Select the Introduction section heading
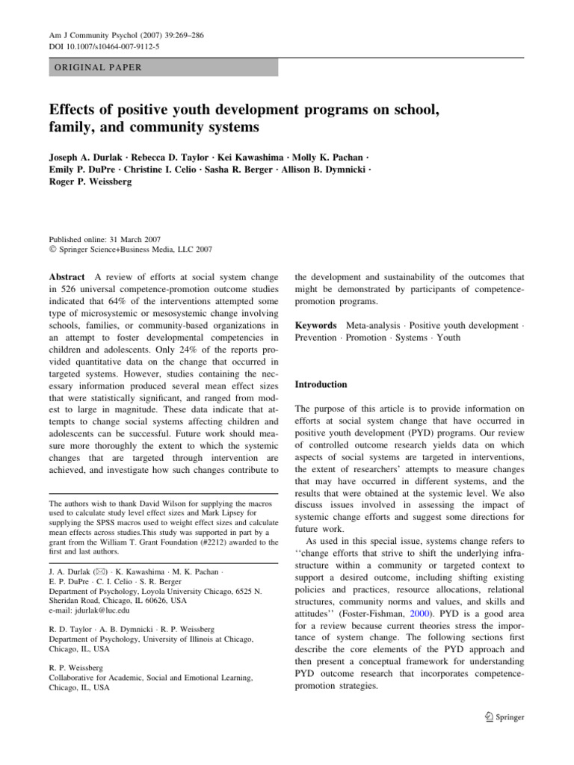click(x=321, y=385)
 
